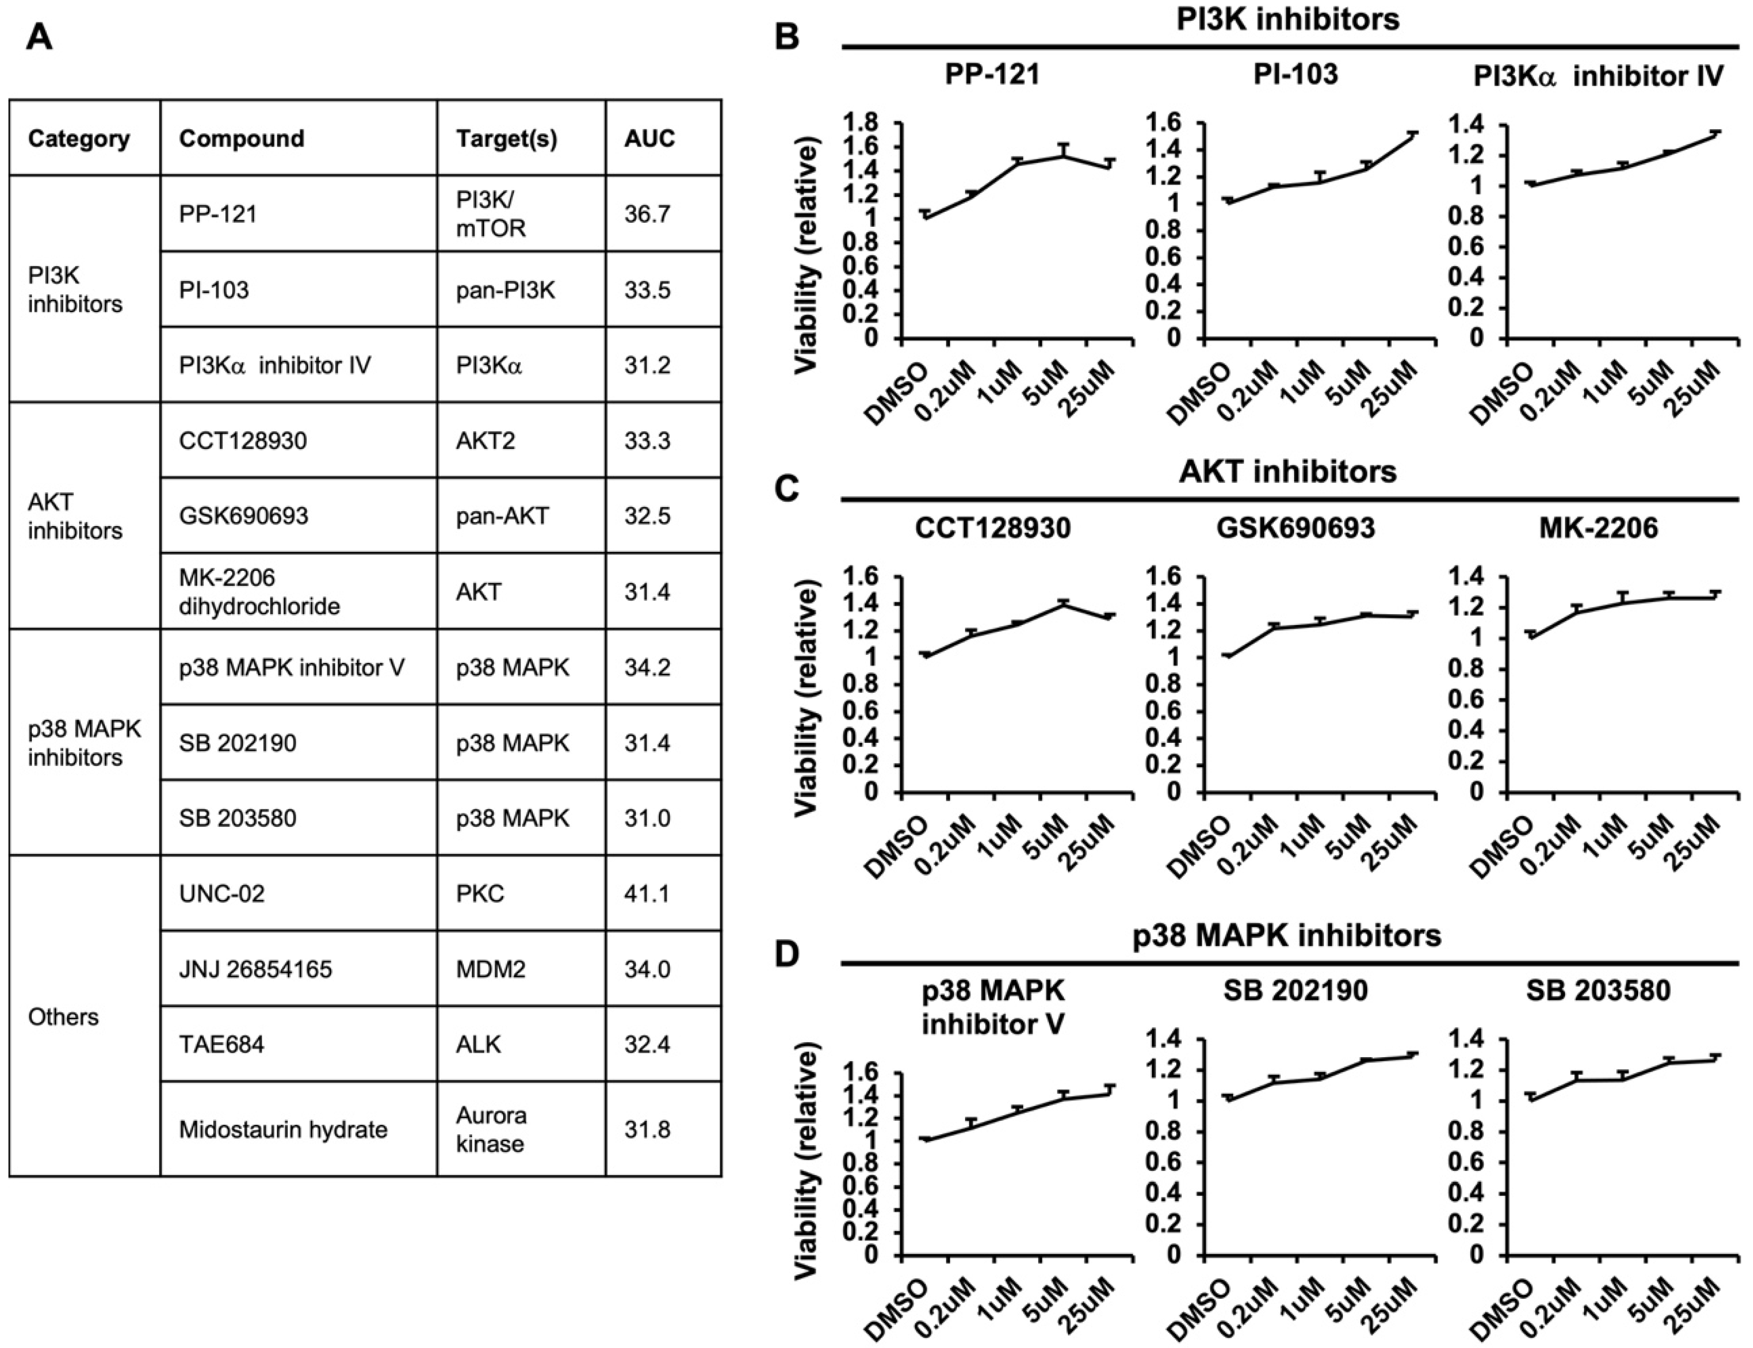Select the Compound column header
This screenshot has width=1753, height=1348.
(242, 138)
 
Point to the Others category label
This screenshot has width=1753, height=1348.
(63, 1017)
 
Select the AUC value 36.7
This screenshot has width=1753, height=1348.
(647, 214)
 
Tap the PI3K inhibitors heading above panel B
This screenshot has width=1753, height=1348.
(1288, 18)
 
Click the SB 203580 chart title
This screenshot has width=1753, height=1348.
(1598, 991)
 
